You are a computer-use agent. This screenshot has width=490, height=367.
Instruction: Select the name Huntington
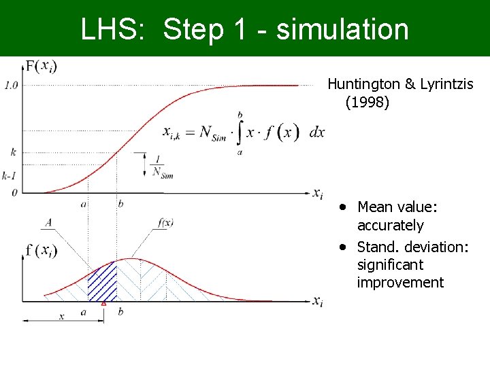coord(363,84)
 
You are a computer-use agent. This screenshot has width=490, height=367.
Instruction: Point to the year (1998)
coord(367,103)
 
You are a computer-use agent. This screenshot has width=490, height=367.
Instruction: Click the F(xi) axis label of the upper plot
coord(40,66)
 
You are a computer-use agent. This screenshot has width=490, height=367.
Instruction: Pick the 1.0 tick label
coord(11,86)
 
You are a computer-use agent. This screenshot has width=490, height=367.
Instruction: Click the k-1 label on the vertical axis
coord(9,175)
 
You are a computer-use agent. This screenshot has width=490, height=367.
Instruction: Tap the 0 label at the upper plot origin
coord(14,192)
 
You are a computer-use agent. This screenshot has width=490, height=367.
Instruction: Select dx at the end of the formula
coord(316,133)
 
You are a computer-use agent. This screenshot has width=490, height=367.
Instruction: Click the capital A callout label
coord(48,222)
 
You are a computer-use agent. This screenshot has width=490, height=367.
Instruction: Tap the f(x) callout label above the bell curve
coord(164,223)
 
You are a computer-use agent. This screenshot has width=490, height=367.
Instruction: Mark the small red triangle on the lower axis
coord(103,304)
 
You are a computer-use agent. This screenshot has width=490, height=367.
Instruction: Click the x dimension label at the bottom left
coord(61,317)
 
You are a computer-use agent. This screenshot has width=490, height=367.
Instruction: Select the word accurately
coord(390,226)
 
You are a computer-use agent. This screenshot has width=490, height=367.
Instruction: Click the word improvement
coord(400,283)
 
